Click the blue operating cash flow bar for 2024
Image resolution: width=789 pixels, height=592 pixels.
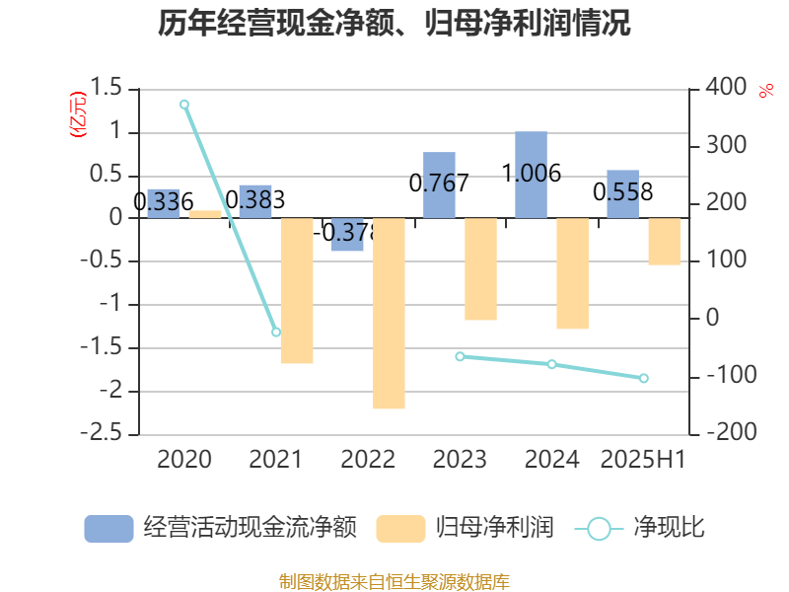(531, 175)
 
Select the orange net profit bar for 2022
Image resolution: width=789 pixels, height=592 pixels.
(389, 313)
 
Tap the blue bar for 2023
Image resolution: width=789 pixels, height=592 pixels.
(439, 185)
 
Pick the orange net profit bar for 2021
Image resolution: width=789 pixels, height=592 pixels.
(297, 291)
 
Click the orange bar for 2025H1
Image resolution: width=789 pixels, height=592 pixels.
(665, 242)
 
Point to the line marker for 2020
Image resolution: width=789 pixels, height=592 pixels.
(184, 105)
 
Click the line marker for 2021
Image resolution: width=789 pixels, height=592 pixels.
(276, 333)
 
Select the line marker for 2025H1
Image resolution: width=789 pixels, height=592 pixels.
(644, 378)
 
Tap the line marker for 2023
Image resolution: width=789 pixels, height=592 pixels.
(460, 356)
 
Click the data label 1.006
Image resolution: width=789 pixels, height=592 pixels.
(532, 175)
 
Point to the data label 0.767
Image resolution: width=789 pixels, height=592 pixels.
(439, 183)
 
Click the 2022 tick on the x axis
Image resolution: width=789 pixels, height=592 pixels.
(368, 459)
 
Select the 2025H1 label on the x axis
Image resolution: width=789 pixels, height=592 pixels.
(643, 459)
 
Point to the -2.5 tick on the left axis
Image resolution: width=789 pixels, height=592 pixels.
(110, 434)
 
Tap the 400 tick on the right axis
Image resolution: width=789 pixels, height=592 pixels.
(726, 88)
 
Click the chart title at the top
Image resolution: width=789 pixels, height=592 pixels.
(394, 24)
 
